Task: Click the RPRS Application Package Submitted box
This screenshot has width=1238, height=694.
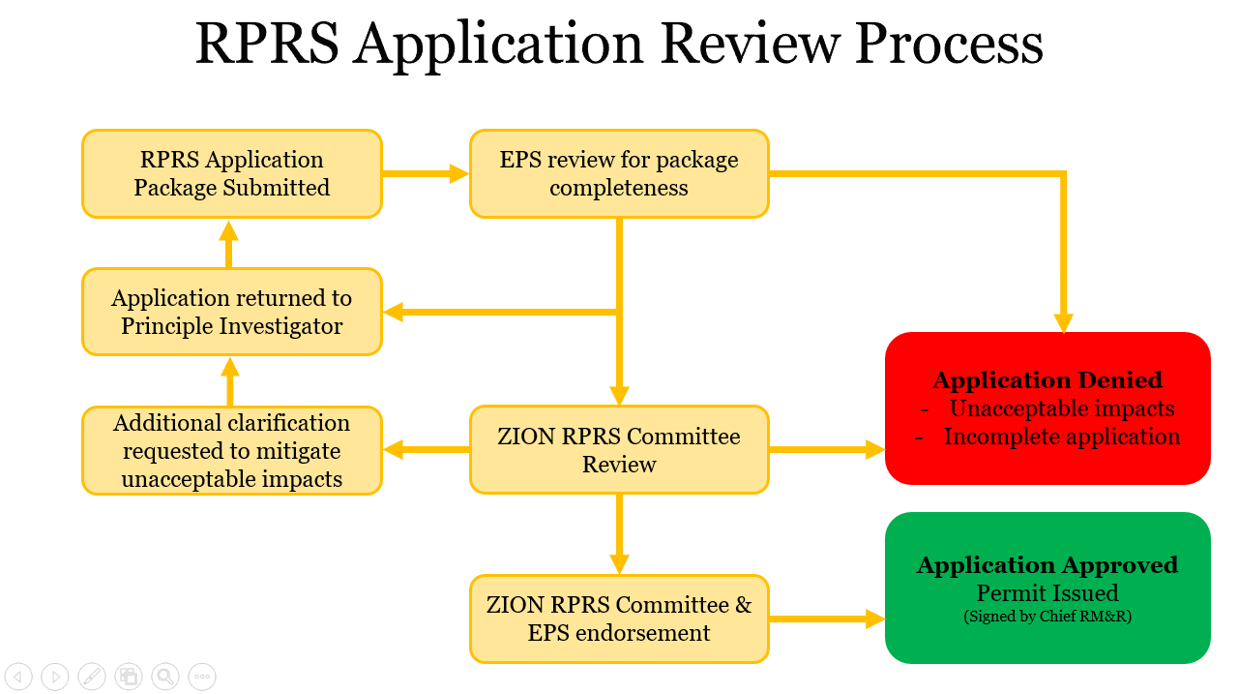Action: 232,173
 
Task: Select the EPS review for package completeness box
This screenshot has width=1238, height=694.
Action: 619,173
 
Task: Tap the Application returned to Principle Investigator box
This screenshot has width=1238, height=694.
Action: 232,312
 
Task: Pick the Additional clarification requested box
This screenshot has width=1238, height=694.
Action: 232,450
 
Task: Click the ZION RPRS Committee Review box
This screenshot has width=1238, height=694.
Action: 619,450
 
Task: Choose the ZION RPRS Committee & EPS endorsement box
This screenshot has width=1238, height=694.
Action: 619,619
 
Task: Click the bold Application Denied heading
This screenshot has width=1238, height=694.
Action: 1047,380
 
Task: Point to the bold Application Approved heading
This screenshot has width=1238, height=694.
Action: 1047,565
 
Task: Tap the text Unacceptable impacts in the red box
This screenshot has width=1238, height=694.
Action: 1061,408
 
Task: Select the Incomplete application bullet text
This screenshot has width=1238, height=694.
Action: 1061,437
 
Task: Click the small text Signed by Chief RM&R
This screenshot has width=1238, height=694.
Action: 1047,617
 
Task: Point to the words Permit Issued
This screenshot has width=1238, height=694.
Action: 1047,592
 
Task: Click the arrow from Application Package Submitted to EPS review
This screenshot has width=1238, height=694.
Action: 426,174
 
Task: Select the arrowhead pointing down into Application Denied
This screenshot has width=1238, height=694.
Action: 1064,323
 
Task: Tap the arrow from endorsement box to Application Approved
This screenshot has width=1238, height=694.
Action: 827,619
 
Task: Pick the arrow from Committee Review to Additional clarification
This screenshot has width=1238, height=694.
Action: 426,449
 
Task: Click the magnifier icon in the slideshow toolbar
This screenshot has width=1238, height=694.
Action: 165,677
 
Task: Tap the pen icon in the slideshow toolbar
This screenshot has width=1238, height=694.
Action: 91,677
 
